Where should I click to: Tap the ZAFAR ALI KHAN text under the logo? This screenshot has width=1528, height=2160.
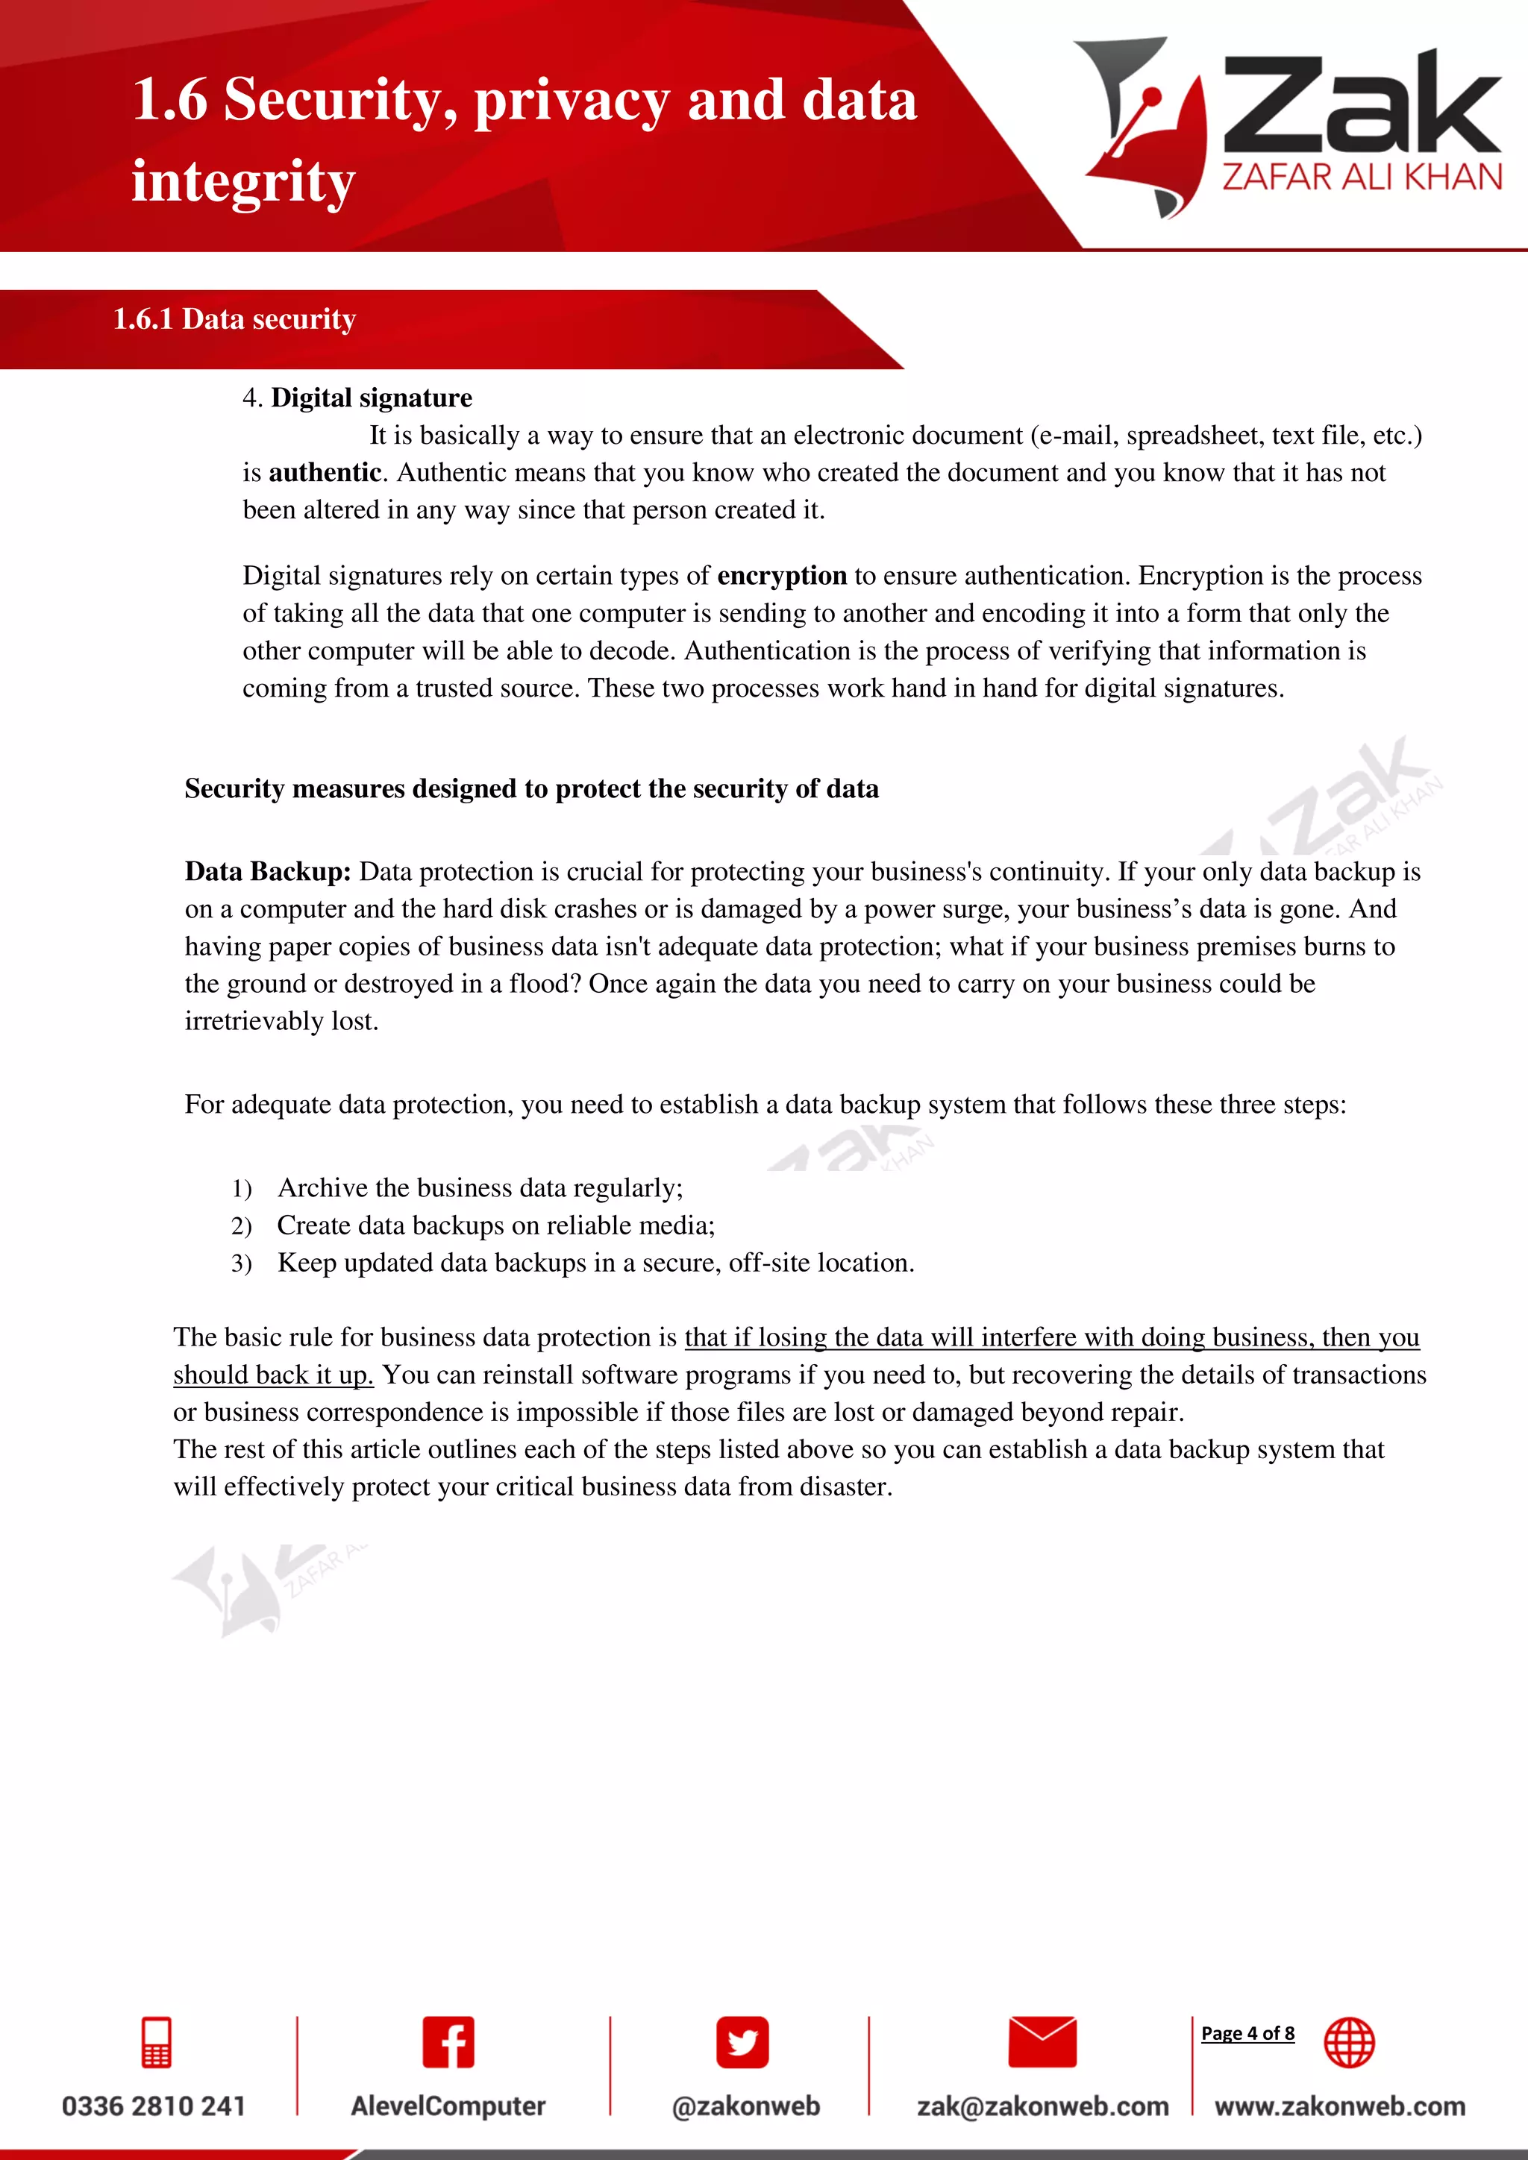[x=1362, y=178]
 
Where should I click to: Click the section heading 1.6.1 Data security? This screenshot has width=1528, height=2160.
[x=234, y=319]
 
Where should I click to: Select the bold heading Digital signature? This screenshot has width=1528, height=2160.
[x=371, y=398]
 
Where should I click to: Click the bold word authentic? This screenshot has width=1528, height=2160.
[x=325, y=472]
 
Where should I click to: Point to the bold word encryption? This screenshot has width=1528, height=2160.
[x=781, y=576]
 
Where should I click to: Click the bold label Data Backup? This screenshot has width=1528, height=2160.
[x=267, y=871]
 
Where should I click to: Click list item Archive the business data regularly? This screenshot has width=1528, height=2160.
[x=480, y=1188]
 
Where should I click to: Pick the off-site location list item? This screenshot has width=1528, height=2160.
[x=595, y=1263]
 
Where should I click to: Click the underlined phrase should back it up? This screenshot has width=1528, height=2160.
[x=273, y=1375]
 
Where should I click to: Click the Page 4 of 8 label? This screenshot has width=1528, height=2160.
[x=1247, y=2033]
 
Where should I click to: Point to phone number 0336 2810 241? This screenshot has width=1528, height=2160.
[x=154, y=2106]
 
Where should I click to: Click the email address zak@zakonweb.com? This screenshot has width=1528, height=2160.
[x=1042, y=2106]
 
